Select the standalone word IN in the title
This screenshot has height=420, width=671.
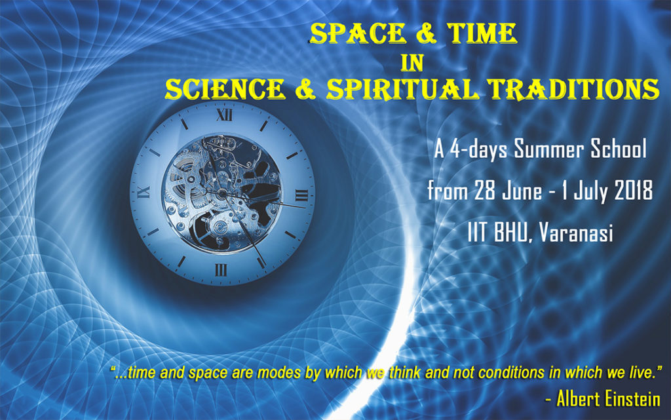tap(413, 62)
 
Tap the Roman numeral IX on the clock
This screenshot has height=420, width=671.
tap(144, 192)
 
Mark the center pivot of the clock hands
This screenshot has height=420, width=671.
tap(222, 192)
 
